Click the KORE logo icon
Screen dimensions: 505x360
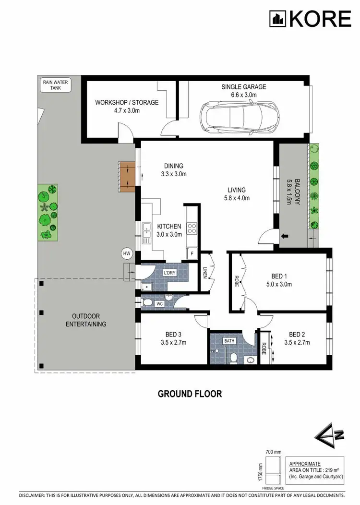click(277, 19)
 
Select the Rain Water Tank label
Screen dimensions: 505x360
click(56, 85)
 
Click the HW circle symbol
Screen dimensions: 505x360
click(127, 253)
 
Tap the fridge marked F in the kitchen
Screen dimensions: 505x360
click(192, 252)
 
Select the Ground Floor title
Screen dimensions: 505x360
click(190, 394)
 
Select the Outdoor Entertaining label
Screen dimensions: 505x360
click(86, 320)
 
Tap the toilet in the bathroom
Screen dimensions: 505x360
click(233, 358)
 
